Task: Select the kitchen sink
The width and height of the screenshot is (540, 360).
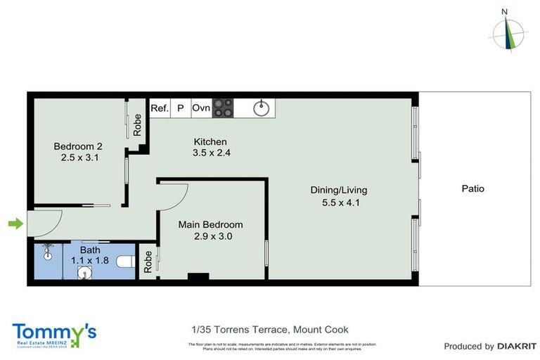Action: pos(262,108)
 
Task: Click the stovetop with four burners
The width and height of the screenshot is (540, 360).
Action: pos(223,108)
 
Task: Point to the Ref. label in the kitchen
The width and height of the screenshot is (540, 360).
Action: pos(160,108)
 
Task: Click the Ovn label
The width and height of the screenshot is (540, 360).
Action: pos(201,108)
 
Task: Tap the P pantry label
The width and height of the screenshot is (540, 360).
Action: pos(180,108)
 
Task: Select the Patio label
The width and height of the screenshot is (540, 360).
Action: pos(472,188)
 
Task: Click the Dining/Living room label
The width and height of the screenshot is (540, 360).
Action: pos(339,190)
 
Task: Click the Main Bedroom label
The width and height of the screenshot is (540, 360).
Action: pos(210,225)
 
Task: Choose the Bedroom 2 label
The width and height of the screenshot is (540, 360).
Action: pos(78,146)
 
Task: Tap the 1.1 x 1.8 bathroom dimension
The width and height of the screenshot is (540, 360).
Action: pos(90,260)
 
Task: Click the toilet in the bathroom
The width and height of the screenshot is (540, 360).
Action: pos(125,262)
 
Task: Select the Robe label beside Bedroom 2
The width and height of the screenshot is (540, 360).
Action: pos(138,124)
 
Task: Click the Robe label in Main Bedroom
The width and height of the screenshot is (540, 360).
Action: pos(148,262)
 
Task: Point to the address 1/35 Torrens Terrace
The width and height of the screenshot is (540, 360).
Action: pos(270,330)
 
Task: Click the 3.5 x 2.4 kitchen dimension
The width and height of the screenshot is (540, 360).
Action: pos(212,152)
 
